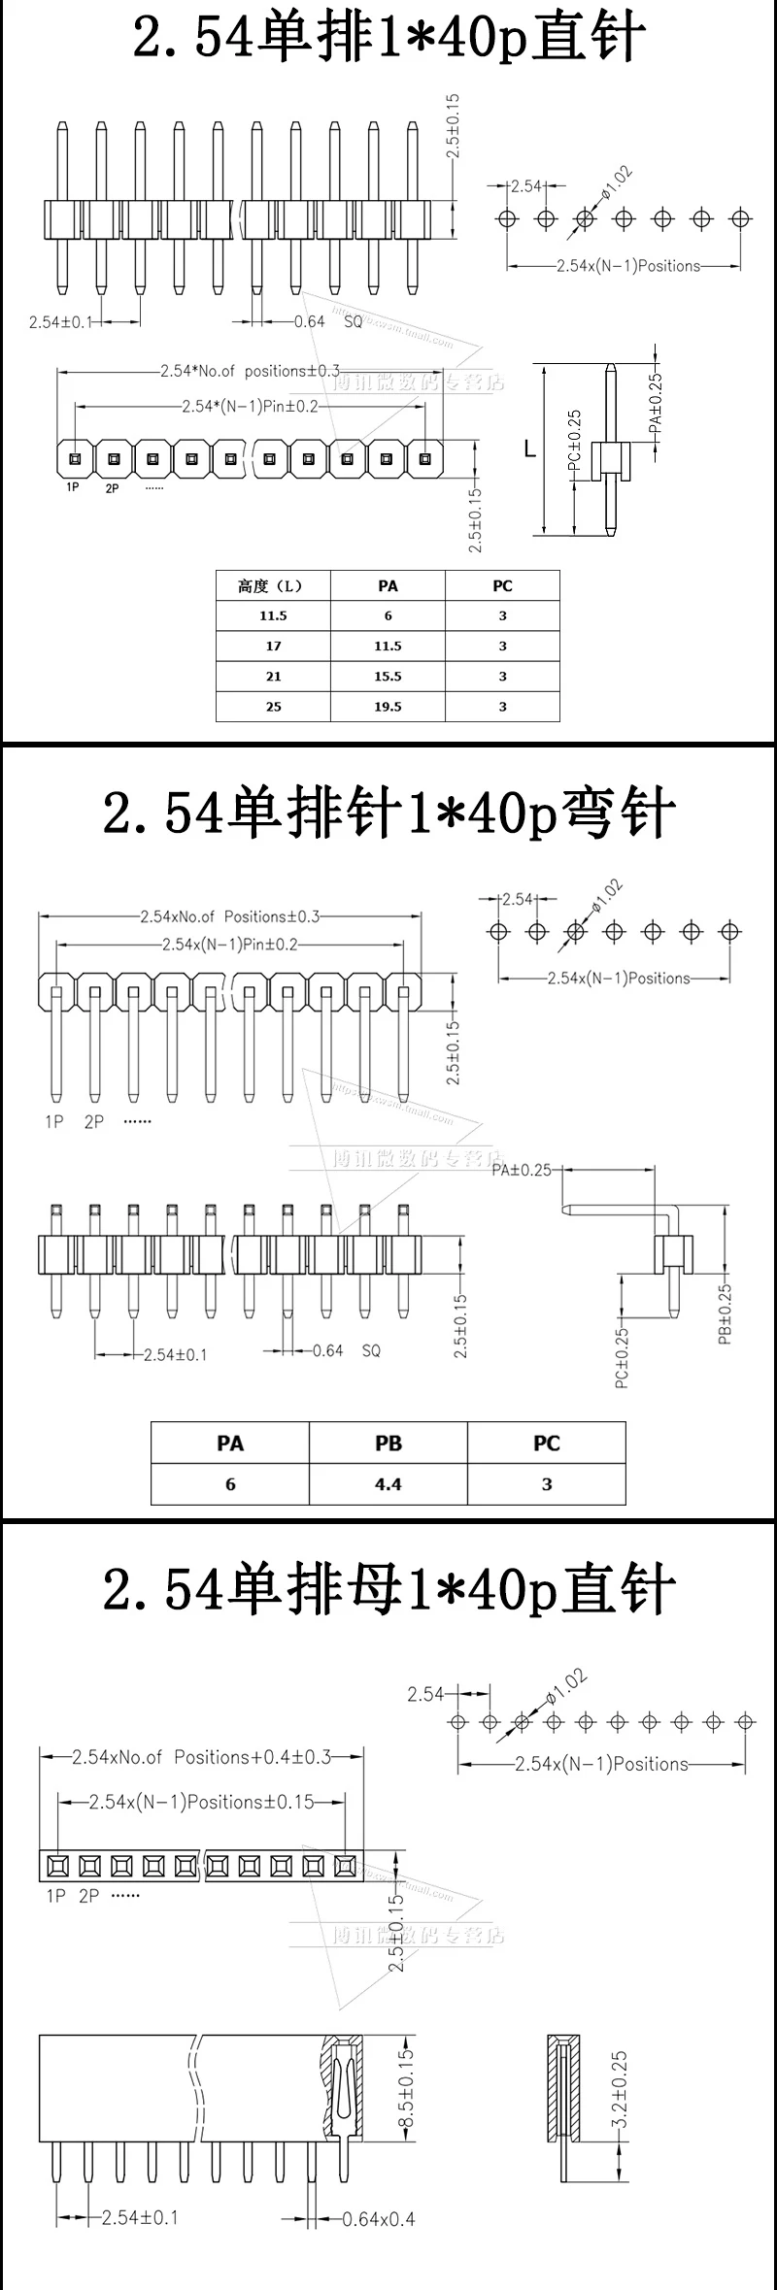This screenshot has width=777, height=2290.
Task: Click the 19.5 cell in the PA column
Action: pyautogui.click(x=388, y=707)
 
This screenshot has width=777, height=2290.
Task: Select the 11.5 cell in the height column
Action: pyautogui.click(x=273, y=615)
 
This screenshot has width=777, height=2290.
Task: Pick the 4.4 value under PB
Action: pyautogui.click(x=388, y=1484)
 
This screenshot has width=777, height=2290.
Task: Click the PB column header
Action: pyautogui.click(x=388, y=1444)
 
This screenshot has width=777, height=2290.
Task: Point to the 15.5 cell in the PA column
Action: pyautogui.click(x=388, y=677)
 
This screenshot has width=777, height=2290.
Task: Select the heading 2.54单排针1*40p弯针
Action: pyautogui.click(x=388, y=813)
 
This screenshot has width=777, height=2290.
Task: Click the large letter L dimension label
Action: pyautogui.click(x=529, y=448)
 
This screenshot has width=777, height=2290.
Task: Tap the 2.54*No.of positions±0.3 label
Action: pyautogui.click(x=250, y=371)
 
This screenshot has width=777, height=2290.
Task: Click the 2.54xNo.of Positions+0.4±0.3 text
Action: pyautogui.click(x=202, y=1757)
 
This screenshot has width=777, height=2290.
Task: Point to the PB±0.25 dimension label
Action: pyautogui.click(x=725, y=1313)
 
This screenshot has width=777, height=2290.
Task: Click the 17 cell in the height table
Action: pyautogui.click(x=273, y=646)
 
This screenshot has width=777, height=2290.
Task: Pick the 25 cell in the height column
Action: pyautogui.click(x=273, y=707)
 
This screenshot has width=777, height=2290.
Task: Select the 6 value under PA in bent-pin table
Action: pyautogui.click(x=230, y=1484)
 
